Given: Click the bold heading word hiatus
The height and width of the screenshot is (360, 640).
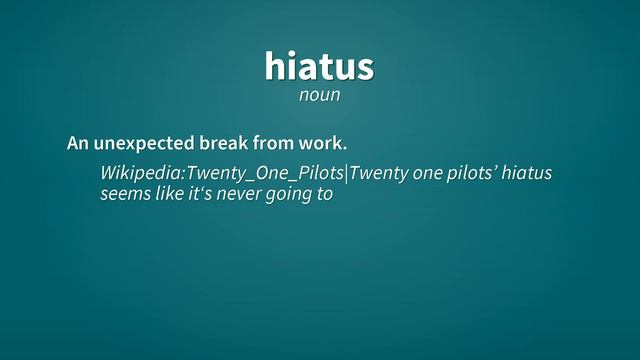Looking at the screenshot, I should pyautogui.click(x=319, y=65).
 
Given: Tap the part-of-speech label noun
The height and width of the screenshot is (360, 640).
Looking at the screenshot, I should pyautogui.click(x=319, y=96).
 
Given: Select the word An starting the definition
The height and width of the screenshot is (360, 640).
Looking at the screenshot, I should pyautogui.click(x=78, y=144).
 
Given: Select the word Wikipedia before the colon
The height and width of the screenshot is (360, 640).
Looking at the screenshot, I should pyautogui.click(x=141, y=174).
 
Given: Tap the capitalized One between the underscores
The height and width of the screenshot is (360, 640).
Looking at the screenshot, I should pyautogui.click(x=268, y=174).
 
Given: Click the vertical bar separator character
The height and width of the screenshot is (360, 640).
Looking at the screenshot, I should pyautogui.click(x=346, y=174).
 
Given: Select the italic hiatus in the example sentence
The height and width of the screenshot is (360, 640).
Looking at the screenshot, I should pyautogui.click(x=526, y=174).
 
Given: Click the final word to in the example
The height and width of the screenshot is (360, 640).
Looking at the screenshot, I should pyautogui.click(x=324, y=195).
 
